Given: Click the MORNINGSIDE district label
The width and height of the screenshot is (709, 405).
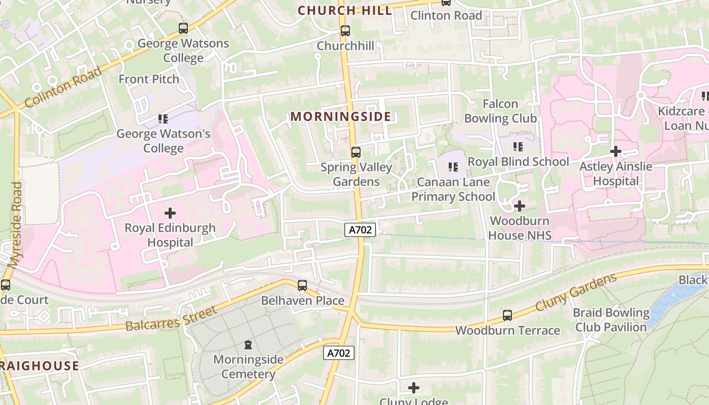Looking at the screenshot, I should click(x=341, y=117).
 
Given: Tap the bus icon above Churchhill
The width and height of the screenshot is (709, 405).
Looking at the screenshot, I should click(x=345, y=31).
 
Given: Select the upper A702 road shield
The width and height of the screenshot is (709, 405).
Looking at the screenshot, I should click(x=361, y=230).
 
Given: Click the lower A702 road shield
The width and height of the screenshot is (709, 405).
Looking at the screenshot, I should click(x=339, y=353).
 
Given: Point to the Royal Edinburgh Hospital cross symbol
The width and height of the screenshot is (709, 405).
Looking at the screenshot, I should click(x=170, y=213).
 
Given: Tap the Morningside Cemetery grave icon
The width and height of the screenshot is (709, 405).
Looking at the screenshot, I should click(x=248, y=345).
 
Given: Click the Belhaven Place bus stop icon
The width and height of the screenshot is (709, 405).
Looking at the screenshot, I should click(x=302, y=286).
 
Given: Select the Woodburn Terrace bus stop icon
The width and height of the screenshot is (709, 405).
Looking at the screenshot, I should click(x=507, y=315).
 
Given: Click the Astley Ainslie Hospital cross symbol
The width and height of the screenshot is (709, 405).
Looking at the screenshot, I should click(x=616, y=151).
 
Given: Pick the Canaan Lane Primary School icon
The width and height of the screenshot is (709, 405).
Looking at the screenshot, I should click(x=453, y=167).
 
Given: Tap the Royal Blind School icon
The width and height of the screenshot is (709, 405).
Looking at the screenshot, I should click(x=518, y=147).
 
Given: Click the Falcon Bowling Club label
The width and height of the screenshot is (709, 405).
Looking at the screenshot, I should click(x=500, y=111).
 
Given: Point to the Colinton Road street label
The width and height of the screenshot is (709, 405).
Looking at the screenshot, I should click(x=63, y=87).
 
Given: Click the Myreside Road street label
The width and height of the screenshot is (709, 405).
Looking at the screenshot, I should click(x=15, y=225).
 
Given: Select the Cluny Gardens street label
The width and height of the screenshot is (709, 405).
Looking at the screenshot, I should click(x=576, y=292).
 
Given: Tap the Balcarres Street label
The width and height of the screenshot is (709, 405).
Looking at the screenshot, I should click(x=171, y=318).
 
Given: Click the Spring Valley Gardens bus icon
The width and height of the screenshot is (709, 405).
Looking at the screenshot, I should click(x=356, y=152).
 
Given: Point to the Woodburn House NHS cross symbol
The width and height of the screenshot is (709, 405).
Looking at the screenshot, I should click(x=520, y=206).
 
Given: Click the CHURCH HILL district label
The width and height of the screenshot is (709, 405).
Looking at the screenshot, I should click(x=345, y=11).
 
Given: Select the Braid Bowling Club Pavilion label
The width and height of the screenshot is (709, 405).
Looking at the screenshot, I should click(x=611, y=320).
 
